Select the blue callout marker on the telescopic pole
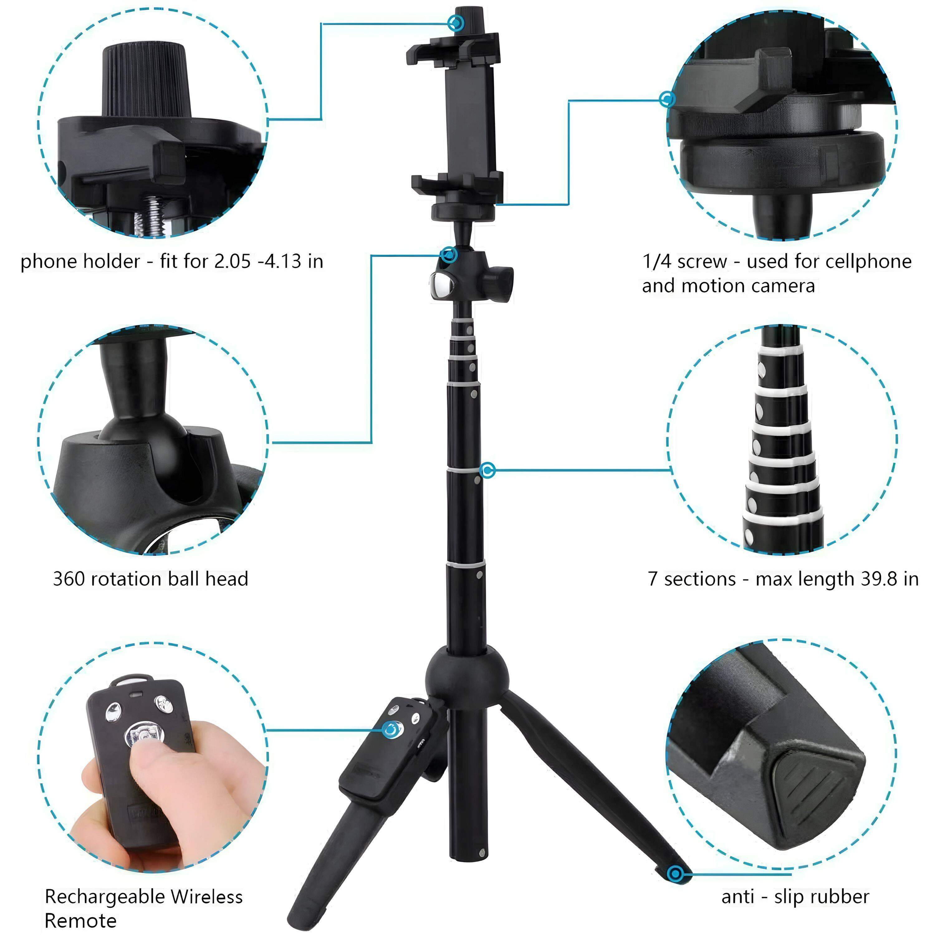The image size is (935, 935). click(488, 470)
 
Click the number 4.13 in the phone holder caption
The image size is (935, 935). click(284, 262)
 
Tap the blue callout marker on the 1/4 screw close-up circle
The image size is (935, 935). click(667, 99)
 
